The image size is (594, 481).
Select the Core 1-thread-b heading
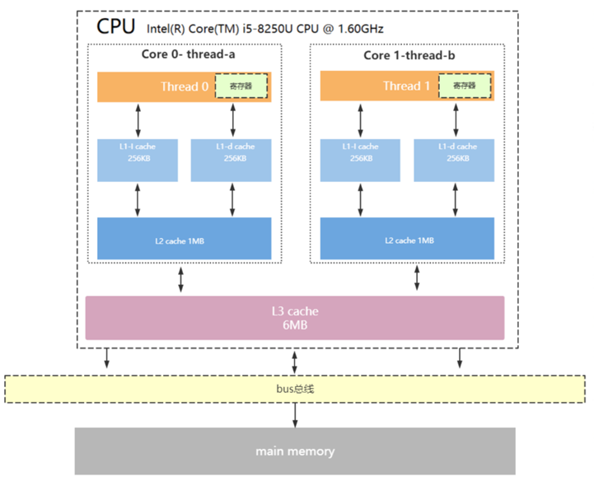409,55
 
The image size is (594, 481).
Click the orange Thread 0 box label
179,86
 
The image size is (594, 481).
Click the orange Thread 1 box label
406,86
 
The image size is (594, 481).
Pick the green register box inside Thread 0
242,86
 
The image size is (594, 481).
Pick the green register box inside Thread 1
465,86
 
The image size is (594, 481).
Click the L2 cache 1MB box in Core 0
185,240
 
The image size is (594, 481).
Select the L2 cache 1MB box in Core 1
408,240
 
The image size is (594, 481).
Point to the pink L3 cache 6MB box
295,318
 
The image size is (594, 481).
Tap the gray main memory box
295,451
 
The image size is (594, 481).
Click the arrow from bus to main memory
295,416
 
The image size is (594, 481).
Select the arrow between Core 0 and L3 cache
181,279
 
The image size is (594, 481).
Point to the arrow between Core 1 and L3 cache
417,279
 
